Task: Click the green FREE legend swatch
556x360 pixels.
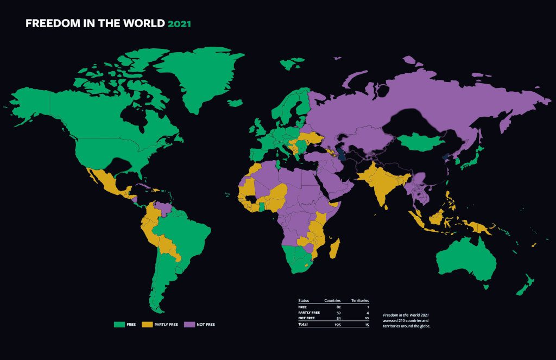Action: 119,324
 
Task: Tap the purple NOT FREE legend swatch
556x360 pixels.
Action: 189,324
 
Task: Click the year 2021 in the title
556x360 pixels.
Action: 179,24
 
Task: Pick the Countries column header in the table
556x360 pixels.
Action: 332,300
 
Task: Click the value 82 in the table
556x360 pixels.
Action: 338,307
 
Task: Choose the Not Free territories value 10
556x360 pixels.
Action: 367,318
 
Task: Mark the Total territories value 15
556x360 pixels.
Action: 367,325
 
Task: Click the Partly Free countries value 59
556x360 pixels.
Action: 338,313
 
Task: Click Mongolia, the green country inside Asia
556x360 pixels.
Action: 418,142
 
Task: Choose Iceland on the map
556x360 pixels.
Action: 292,65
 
